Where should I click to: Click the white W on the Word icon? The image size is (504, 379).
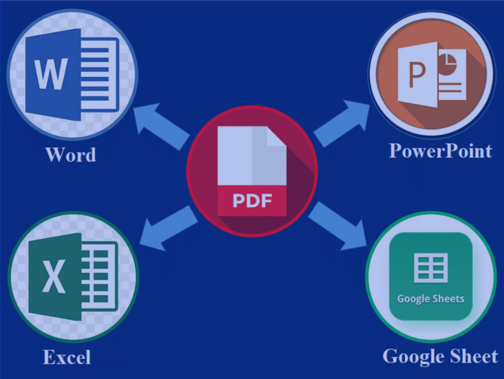(51, 74)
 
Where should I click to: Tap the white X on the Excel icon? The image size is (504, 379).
(54, 276)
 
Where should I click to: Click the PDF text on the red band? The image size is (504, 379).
(253, 200)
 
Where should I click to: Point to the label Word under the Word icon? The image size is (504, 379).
(71, 154)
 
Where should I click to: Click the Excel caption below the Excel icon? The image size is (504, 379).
(67, 357)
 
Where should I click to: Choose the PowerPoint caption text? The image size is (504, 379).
(440, 150)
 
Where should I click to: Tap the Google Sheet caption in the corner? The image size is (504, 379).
(440, 356)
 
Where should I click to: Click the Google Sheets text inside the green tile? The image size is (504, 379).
(431, 299)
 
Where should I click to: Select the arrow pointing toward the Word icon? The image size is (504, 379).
(161, 127)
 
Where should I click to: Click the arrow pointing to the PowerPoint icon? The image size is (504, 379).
(342, 123)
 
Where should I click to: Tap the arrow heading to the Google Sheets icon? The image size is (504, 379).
(338, 226)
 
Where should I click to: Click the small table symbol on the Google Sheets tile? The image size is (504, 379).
(431, 267)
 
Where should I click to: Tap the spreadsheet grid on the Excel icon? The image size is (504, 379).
(100, 277)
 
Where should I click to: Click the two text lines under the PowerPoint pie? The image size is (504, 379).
(450, 87)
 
